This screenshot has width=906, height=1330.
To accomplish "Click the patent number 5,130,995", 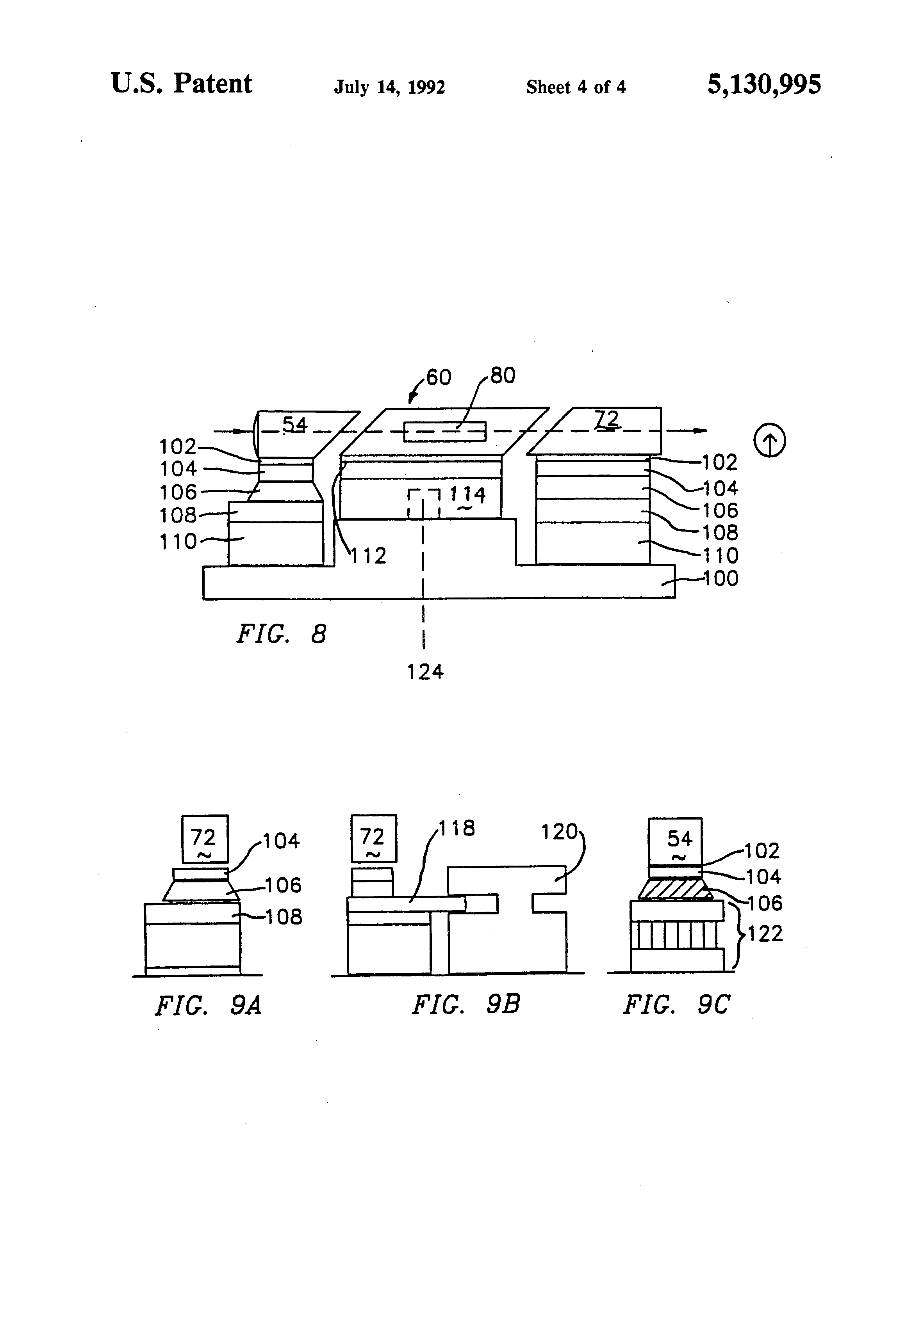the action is [x=764, y=85].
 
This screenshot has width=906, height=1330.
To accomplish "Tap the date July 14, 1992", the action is [x=389, y=87].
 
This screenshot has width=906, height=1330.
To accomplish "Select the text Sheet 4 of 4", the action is [x=576, y=87].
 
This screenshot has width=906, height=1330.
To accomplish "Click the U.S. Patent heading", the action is [x=182, y=84].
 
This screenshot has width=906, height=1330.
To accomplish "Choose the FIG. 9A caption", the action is [x=208, y=1006].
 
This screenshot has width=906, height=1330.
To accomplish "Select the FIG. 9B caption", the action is [x=465, y=1005].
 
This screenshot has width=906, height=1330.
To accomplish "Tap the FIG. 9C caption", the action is [x=676, y=1005].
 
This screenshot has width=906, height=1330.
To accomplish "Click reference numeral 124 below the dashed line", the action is [x=425, y=671].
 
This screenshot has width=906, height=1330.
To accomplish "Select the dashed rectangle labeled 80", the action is [x=444, y=432].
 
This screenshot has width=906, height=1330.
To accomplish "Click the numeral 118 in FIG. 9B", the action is [x=457, y=828].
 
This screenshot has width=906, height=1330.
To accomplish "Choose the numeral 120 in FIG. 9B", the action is [x=560, y=832].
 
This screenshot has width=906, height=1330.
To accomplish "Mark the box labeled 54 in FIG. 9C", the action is [x=675, y=841].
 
